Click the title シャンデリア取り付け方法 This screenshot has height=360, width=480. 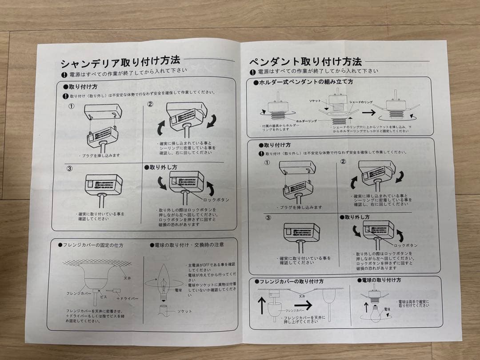tap(120, 60)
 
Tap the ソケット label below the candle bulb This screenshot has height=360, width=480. tap(184, 311)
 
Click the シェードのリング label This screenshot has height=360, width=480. tap(360, 102)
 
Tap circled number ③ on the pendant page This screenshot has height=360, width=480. tap(268, 218)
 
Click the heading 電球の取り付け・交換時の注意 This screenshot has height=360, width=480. tap(187, 244)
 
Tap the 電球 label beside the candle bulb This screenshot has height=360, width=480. tap(178, 290)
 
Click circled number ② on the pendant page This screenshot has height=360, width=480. tap(343, 162)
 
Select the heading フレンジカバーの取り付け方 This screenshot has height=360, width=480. tap(289, 281)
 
